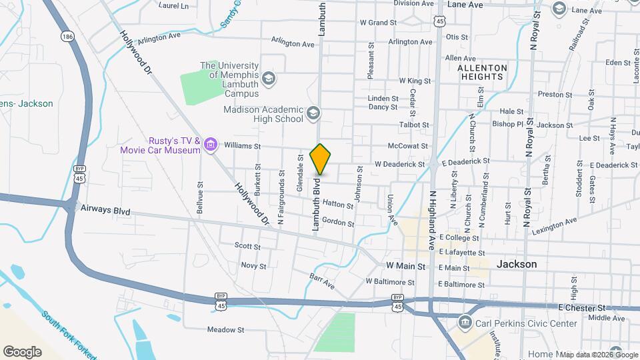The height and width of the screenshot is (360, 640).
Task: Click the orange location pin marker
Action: coord(321,159)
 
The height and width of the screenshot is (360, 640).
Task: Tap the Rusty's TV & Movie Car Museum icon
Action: coord(211,144)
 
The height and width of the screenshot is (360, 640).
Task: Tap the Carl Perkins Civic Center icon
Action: coord(465,323)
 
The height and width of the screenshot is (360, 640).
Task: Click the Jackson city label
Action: coord(517,264)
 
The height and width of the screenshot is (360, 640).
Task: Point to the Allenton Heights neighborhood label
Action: coord(483,73)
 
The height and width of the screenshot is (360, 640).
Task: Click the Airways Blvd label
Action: coord(105,211)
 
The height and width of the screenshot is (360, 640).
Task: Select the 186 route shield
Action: coord(66,35)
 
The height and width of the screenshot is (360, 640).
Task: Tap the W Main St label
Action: coord(405,266)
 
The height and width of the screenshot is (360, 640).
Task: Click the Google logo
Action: coord(22,351)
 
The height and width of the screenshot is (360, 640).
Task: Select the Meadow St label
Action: coord(226,329)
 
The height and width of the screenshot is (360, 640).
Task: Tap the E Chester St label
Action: coord(581,308)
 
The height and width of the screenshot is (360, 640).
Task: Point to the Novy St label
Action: coord(253,265)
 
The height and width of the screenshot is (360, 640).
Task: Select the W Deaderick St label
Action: coord(399,164)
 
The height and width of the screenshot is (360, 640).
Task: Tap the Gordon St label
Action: coord(337,222)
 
